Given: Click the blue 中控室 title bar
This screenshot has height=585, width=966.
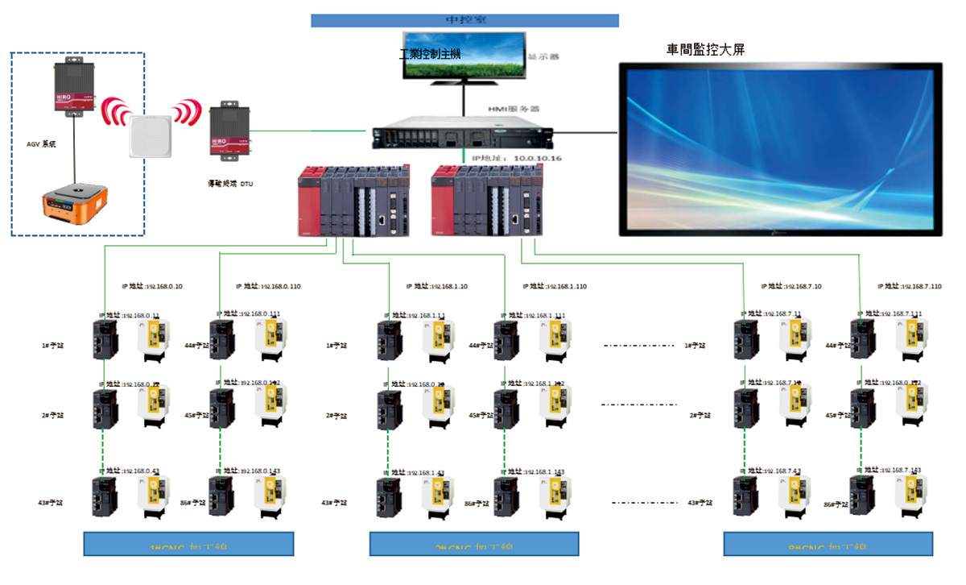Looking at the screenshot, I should pos(464,20).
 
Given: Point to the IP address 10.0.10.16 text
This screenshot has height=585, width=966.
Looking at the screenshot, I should pos(515,158).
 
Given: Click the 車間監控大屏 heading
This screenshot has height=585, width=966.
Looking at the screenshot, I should pos(705,50).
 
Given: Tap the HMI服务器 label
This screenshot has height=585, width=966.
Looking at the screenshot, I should pos(508,109).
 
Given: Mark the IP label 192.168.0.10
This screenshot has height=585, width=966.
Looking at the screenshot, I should pos(152,286).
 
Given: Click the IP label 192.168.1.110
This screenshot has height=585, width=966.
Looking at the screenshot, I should pos(555,286).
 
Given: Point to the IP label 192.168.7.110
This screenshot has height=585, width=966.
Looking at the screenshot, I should pos(910,286).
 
